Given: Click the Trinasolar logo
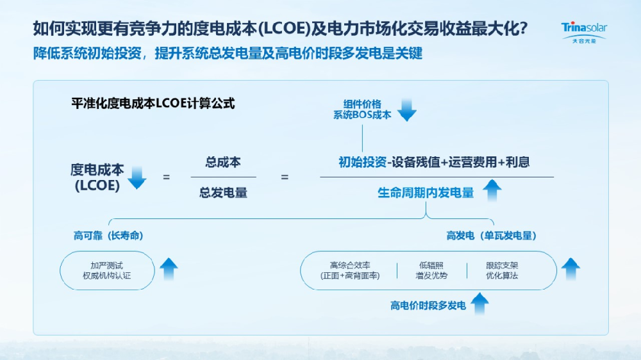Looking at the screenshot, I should coord(584,31).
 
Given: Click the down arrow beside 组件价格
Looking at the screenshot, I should coord(407,110).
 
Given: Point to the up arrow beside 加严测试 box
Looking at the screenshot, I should coord(169,269).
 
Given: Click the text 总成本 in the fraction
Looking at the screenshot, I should coord(223,163).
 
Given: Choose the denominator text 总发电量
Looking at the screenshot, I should coord(223,192).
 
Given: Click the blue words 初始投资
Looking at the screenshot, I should coord(362,163).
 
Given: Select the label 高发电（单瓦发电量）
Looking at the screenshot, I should coord(491,236).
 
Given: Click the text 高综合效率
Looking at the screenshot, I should coord(350,265).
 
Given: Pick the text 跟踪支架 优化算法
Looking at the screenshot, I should coord(502,270).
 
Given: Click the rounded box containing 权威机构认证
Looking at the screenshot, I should coord(108,270).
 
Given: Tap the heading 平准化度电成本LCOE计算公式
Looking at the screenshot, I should coord(153,103).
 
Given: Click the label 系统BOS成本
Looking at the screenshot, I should coord(362,115).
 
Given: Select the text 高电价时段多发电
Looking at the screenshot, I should coord(428,306).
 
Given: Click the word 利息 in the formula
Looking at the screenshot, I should coord(517,163).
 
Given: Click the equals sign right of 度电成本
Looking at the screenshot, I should coord(166,177).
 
